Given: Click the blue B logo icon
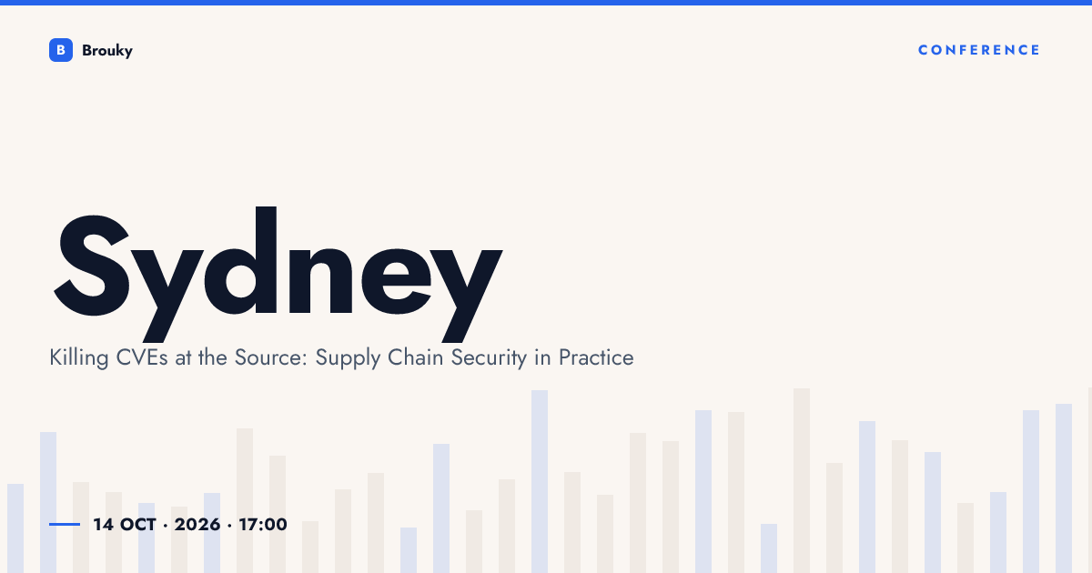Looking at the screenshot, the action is [61, 50].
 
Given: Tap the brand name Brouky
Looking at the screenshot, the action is [107, 51].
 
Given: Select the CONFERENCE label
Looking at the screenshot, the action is [979, 50].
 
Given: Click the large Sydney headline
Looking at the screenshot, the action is [278, 275].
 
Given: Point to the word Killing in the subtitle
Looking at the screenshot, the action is [79, 358].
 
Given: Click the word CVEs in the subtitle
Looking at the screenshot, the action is [142, 357].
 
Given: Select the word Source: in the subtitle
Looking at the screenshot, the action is [271, 357].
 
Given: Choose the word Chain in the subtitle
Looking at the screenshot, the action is [415, 357].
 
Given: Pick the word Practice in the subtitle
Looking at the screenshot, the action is [596, 357].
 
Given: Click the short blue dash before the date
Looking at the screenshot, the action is [65, 524].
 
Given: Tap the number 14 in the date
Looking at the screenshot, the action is [104, 525].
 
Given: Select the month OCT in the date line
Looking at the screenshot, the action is [138, 525].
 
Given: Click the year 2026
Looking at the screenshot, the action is [197, 525].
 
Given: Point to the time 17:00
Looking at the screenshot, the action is [263, 525].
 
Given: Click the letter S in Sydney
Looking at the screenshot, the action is [93, 266].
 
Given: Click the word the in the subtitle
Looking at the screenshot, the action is [213, 357].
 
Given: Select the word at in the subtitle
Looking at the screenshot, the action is [183, 358].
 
